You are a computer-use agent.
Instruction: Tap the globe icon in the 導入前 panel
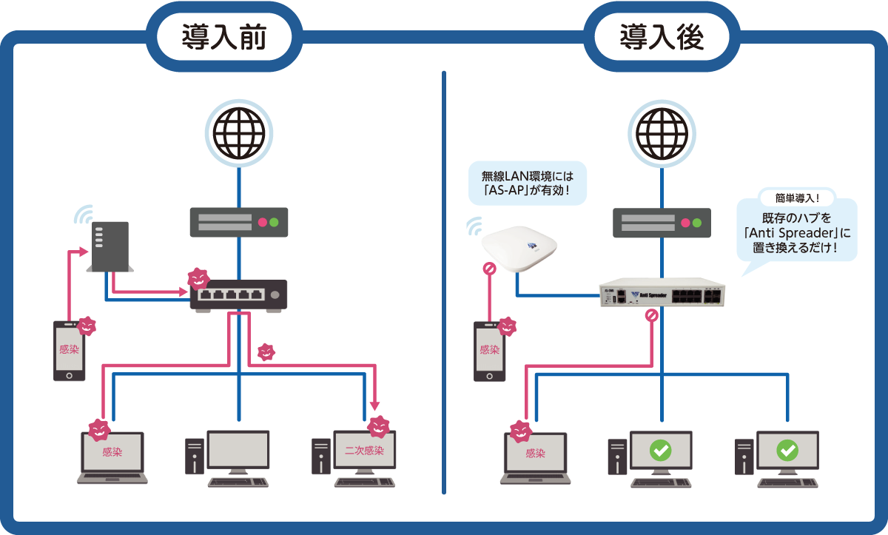[x=238, y=132]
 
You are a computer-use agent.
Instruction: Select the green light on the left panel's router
[x=275, y=222]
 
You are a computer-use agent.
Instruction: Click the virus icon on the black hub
[x=198, y=279]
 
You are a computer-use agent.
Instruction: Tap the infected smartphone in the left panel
[x=69, y=351]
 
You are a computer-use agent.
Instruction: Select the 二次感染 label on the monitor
[x=364, y=451]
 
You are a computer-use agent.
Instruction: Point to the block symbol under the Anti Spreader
[x=651, y=316]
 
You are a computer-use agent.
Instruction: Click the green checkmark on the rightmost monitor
[x=787, y=450]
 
